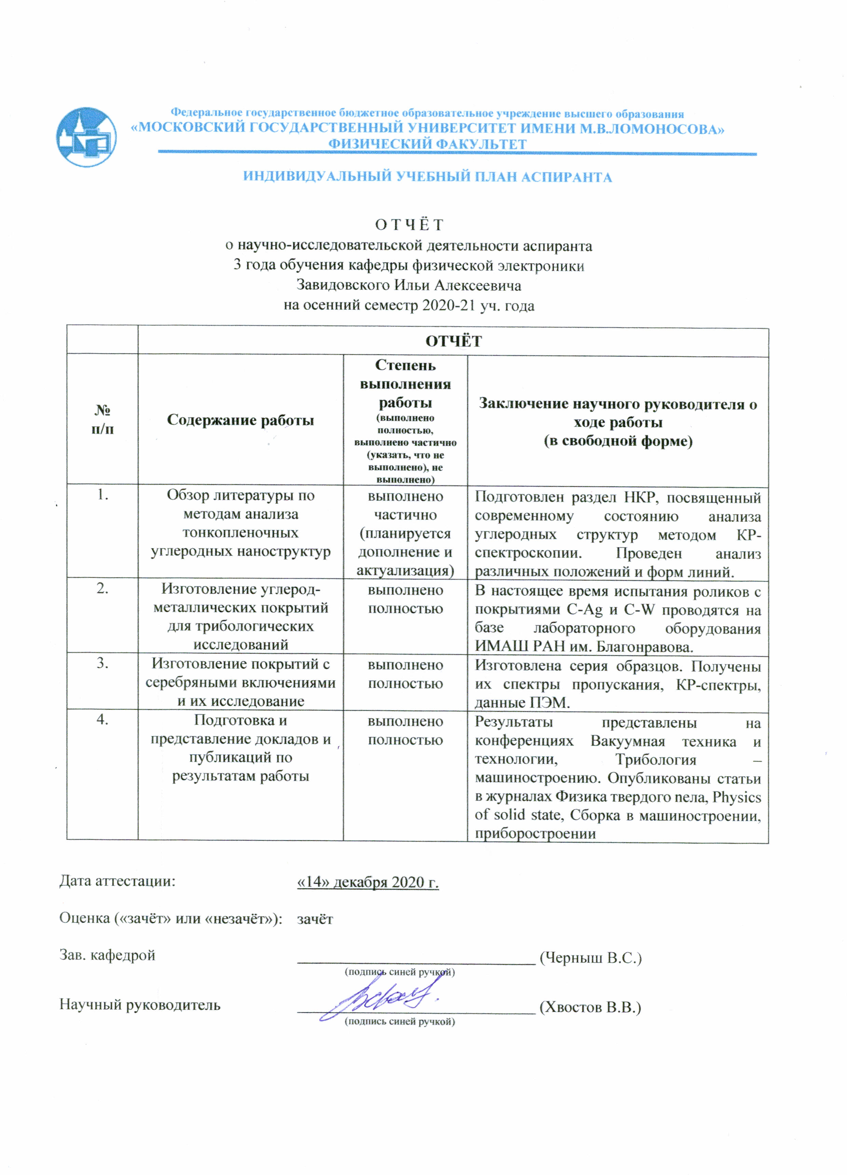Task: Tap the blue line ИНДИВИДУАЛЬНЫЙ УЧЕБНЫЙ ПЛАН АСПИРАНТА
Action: point(427,177)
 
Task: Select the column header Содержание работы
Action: point(240,420)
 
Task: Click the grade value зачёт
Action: point(315,919)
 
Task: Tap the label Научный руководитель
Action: point(140,1005)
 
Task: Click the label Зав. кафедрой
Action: point(107,955)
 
